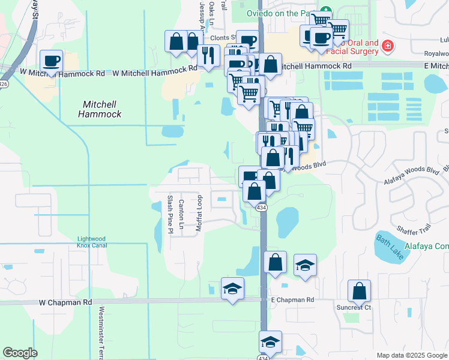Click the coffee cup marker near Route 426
pyautogui.click(x=51, y=61)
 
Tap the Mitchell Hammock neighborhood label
pyautogui.click(x=100, y=109)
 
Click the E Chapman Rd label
pyautogui.click(x=292, y=299)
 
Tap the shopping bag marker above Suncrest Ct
pyautogui.click(x=359, y=291)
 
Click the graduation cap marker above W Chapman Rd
pyautogui.click(x=232, y=289)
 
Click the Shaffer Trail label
pyautogui.click(x=414, y=229)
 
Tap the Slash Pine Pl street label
pyautogui.click(x=170, y=214)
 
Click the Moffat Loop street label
pyautogui.click(x=200, y=214)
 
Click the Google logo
pyautogui.click(x=20, y=353)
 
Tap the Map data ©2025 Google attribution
pyautogui.click(x=411, y=355)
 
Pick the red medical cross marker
pyautogui.click(x=388, y=45)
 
